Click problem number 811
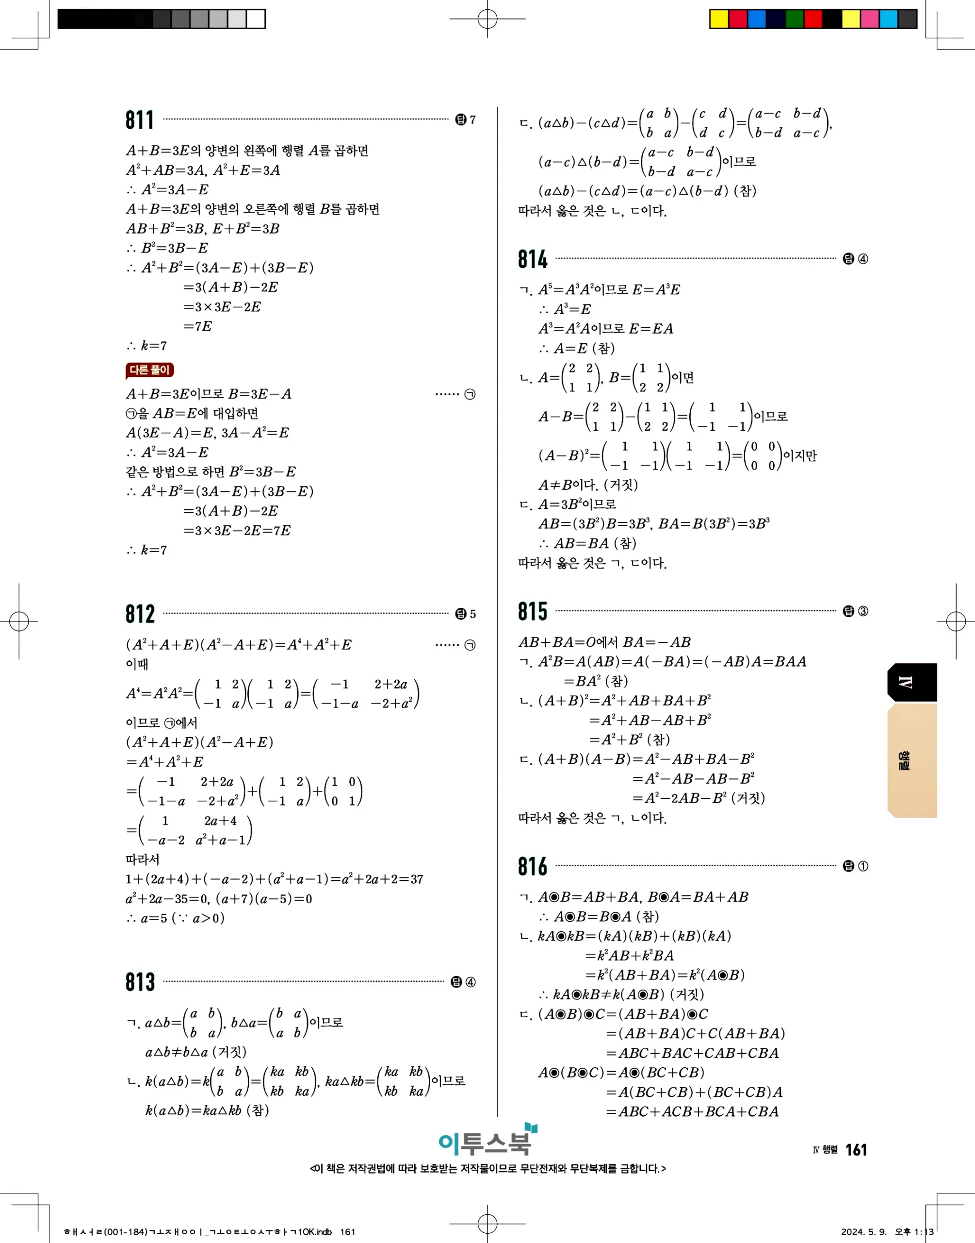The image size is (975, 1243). point(140,120)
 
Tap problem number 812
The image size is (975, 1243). point(140,614)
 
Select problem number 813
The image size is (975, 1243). point(140,982)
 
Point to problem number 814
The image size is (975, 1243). point(532,259)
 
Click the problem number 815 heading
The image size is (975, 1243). point(532,611)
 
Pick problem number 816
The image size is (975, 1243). point(532,866)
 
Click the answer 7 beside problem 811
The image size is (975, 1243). point(472,119)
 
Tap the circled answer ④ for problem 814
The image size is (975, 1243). point(862,259)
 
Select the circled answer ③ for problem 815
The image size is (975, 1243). point(862,611)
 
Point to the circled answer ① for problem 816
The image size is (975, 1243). point(862,866)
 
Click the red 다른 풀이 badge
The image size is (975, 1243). point(149,370)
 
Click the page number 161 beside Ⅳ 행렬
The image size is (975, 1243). point(856,1149)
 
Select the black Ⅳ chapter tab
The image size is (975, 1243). point(911,682)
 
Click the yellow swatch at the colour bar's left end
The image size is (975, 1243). point(719,19)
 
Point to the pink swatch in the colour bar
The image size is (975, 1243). point(869,19)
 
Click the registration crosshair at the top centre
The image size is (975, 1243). point(487,19)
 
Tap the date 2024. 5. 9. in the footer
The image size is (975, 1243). point(863,1231)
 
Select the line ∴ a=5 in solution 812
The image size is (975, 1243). point(175,918)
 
